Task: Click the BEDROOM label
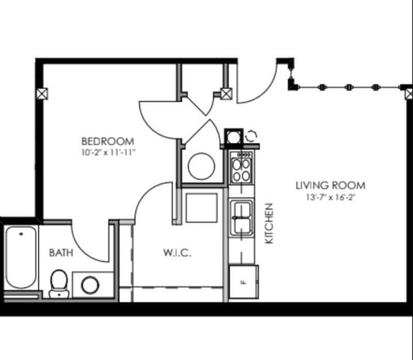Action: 108,141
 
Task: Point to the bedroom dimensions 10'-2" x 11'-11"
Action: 108,152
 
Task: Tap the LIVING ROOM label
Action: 330,185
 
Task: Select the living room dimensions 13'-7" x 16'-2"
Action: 330,197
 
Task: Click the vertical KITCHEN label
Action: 268,223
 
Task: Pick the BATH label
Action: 61,253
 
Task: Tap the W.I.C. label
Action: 178,254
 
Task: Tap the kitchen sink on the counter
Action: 241,217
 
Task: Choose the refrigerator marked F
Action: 243,282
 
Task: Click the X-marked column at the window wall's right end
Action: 409,93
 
